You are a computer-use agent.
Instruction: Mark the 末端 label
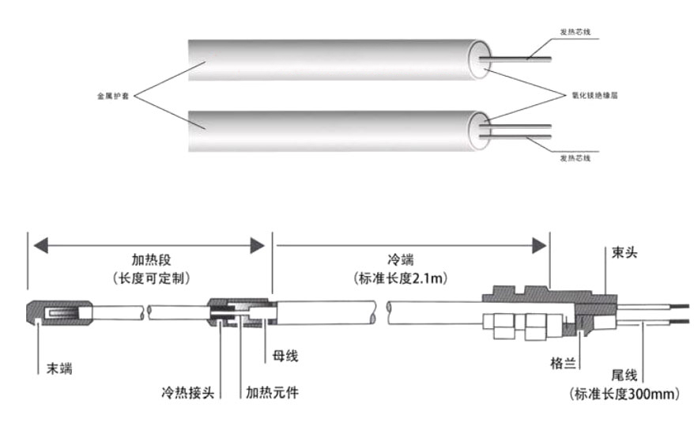(54, 368)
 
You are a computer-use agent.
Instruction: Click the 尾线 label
(625, 374)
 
